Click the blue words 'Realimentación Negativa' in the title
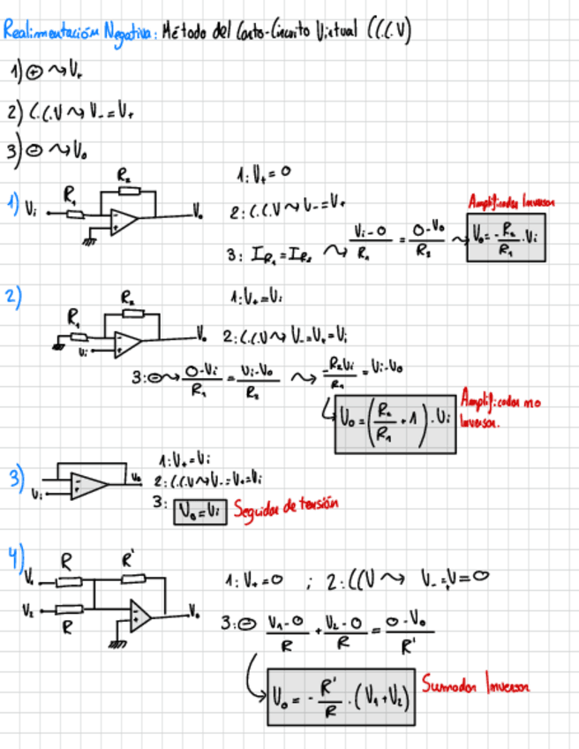coord(78,34)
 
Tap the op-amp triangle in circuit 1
coord(124,222)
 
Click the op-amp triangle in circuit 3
coord(89,482)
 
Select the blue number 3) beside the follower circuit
coord(16,480)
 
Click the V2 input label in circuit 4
coord(28,609)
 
